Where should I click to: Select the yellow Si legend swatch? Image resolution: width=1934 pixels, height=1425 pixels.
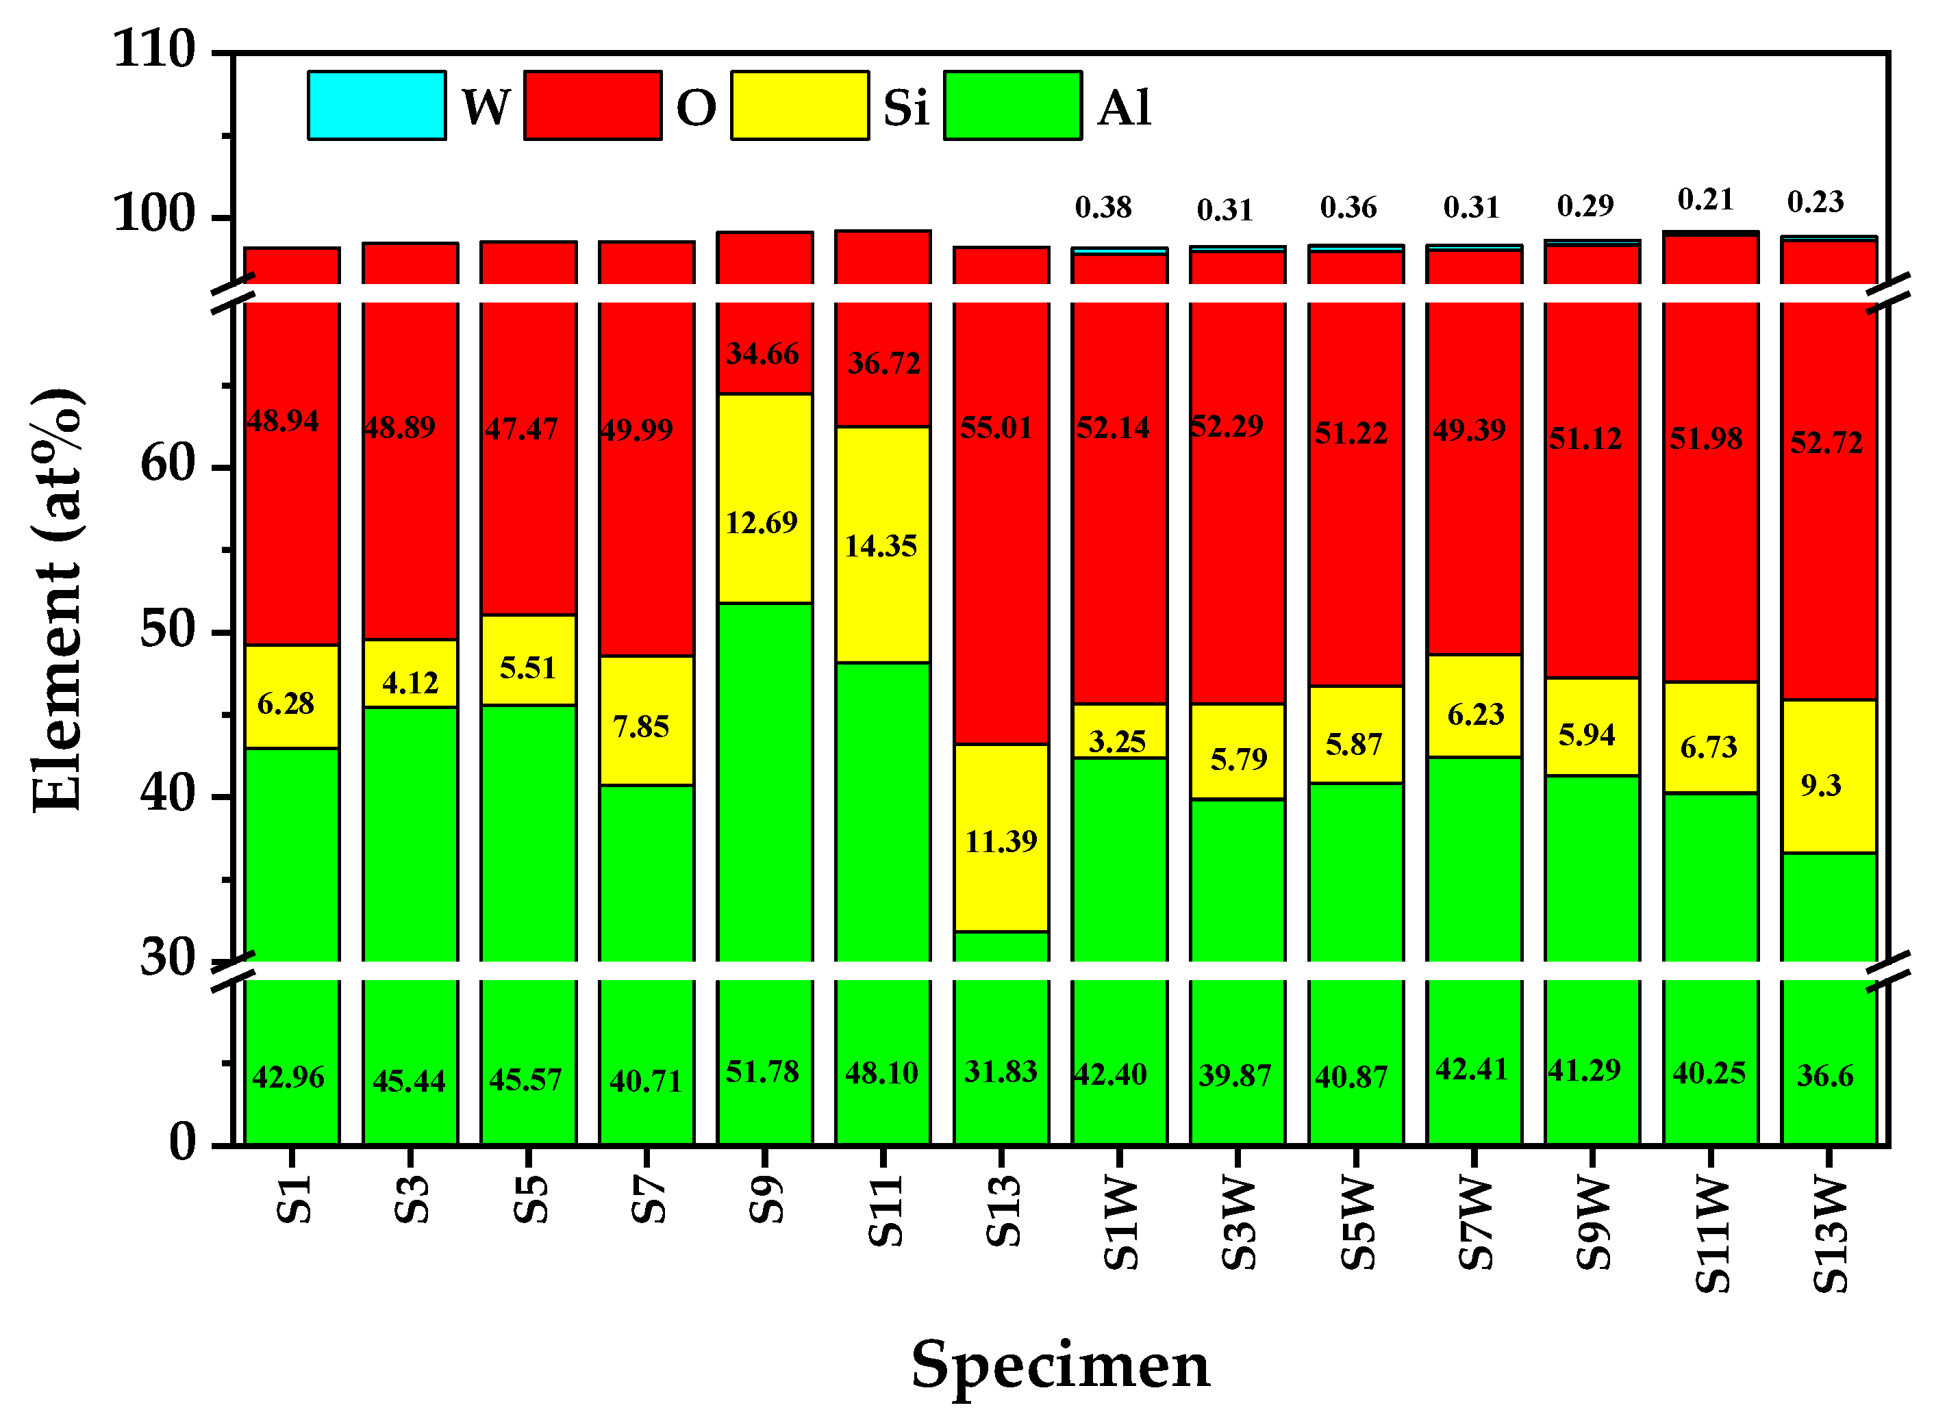point(799,105)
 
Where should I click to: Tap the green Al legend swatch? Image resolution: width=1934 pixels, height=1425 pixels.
point(1012,105)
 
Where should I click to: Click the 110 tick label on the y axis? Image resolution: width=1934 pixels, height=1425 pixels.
point(155,49)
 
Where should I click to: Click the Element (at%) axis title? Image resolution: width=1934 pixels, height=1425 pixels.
point(57,600)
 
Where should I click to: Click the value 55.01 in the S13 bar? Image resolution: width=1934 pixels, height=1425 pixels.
point(996,428)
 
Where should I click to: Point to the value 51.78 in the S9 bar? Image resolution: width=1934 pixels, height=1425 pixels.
point(762,1073)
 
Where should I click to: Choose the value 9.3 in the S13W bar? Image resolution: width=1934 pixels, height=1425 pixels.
point(1820,786)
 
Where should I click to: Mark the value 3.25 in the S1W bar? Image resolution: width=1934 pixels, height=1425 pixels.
point(1117,742)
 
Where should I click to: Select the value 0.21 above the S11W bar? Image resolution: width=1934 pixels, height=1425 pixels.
point(1705,200)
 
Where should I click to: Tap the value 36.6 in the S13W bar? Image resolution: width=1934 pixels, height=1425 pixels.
point(1824,1076)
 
